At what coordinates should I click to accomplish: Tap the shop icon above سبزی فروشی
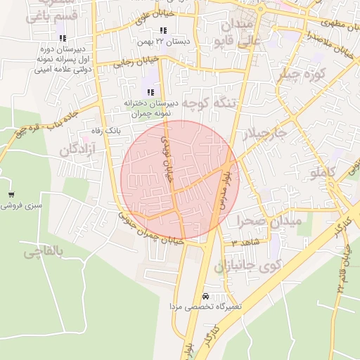point(11,195)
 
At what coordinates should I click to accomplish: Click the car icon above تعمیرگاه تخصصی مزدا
point(205,296)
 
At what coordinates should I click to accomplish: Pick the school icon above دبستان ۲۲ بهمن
point(163,30)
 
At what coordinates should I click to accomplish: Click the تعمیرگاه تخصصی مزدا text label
point(205,307)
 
